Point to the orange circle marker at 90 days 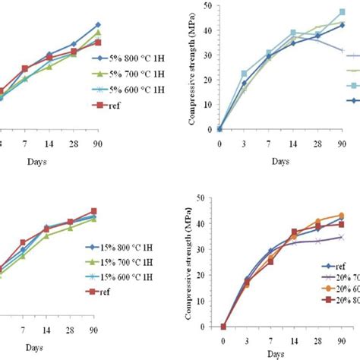342,215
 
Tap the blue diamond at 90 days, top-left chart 98,25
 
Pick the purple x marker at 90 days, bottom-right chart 342,237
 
